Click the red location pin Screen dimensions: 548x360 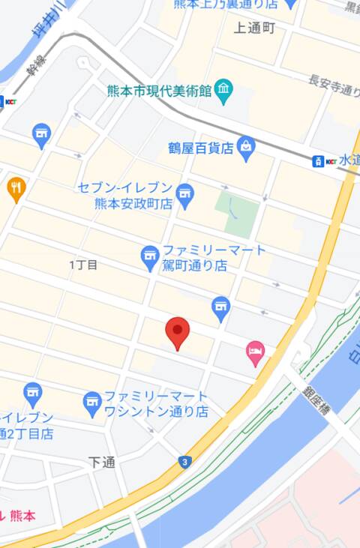(177, 331)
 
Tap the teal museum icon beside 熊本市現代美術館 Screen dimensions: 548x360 (223, 93)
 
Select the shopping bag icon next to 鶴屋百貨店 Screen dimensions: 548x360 (246, 147)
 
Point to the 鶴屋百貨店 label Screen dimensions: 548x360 (201, 148)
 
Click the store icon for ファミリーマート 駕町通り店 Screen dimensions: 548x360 (150, 258)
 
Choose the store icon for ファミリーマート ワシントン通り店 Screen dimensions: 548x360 (92, 403)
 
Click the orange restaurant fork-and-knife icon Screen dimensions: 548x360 (16, 188)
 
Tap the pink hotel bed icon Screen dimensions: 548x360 (256, 352)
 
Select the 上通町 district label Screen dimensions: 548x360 (255, 28)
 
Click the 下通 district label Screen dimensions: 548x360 (101, 463)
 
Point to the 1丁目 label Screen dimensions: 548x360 (83, 265)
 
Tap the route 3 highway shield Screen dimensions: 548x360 (184, 462)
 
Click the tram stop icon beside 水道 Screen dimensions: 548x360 (319, 160)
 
